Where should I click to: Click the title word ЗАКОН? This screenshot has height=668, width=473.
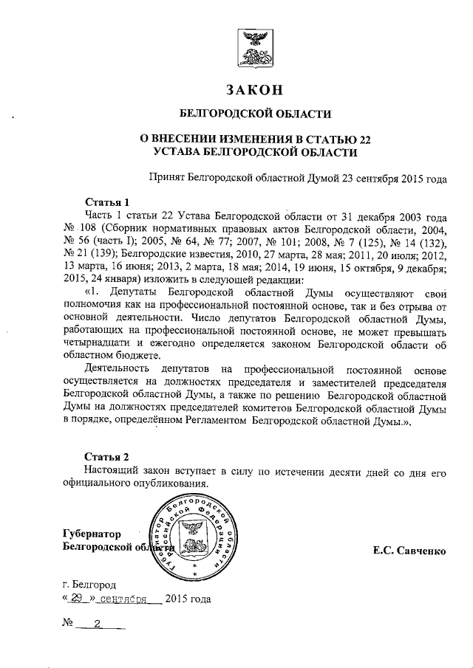[255, 90]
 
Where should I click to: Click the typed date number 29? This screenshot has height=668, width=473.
[75, 599]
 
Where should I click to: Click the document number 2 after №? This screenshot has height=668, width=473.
[98, 623]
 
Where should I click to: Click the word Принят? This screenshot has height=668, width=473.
[166, 178]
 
